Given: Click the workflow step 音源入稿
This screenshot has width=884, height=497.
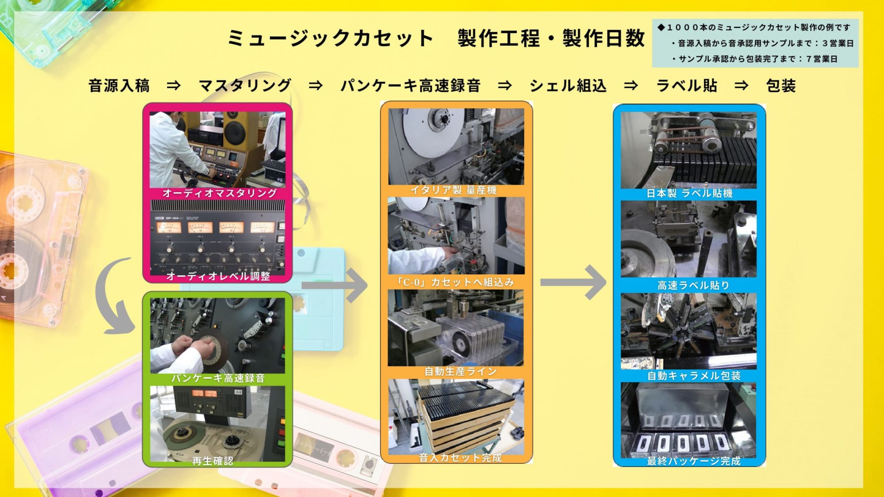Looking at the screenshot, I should coord(119,85).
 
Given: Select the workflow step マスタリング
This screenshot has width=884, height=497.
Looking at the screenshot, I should coord(245,85).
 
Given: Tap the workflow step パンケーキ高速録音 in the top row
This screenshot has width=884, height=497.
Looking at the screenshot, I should coord(410,85).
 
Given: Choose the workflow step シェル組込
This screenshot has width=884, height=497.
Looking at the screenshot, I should coord(568,85).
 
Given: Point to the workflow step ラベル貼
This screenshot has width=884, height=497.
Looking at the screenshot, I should coord(686,85).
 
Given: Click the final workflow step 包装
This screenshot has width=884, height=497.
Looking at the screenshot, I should coord(781,85).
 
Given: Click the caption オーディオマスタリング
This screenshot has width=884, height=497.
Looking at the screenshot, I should coord(219,193).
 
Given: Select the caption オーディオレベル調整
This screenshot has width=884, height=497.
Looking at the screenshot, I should coord(218,276).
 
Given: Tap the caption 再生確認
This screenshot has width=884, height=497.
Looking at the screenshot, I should coord(212,461).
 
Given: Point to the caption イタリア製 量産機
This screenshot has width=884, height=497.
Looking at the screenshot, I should coord(453,190).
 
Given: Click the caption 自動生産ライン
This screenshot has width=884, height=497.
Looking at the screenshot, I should coord(460,372).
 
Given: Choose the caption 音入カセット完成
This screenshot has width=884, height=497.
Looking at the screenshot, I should coord(460,458).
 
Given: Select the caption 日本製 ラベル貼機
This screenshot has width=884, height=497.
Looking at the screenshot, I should coord(689,193).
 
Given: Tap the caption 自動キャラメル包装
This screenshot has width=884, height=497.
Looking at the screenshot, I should coord(693,376).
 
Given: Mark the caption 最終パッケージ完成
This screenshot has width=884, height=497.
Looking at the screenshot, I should coord(693,461).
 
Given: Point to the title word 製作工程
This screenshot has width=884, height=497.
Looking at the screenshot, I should coord(499,38).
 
